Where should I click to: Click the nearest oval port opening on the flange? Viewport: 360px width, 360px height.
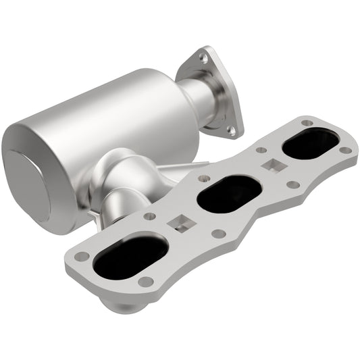[130, 257]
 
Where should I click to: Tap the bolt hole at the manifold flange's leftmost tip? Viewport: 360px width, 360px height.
[82, 257]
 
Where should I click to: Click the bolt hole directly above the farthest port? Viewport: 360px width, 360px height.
[307, 123]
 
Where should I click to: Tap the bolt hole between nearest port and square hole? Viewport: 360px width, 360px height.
[150, 217]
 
